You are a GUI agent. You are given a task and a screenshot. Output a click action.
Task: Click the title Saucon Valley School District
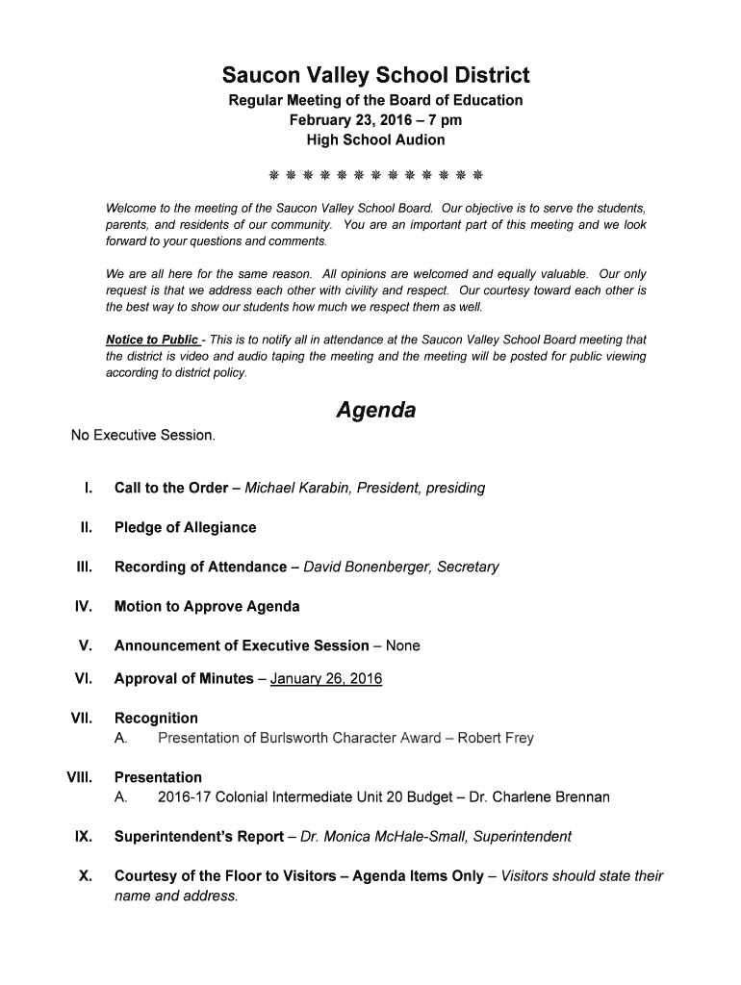coord(375,75)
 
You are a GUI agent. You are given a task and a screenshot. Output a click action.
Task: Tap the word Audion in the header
coord(421,139)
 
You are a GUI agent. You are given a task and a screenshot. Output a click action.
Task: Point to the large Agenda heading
coord(375,411)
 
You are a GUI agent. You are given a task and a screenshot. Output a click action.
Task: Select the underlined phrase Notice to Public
coord(152,340)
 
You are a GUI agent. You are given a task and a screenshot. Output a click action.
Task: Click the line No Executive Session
coord(143,435)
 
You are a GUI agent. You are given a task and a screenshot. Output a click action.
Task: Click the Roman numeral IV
coord(83,606)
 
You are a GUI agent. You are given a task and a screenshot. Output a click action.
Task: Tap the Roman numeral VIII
coord(79,777)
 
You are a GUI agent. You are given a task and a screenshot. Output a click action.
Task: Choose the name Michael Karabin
coord(298,488)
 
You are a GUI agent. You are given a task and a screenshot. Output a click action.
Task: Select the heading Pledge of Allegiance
coord(185,527)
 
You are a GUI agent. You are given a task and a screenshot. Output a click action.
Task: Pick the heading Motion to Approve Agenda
coord(206,606)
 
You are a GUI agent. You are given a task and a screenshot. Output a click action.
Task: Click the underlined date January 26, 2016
coord(326,679)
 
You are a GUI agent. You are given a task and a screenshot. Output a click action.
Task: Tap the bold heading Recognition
coord(156,718)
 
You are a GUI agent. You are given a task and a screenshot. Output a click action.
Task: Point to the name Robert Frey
coord(495,738)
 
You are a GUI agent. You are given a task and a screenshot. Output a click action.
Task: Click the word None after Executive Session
coord(403,645)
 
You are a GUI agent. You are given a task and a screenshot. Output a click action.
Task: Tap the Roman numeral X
coord(85,876)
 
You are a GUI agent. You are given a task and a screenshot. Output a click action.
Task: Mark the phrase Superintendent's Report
coord(198,837)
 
